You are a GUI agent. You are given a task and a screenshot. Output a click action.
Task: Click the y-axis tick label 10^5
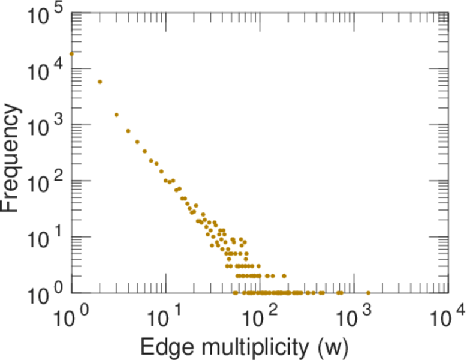pyautogui.click(x=45, y=16)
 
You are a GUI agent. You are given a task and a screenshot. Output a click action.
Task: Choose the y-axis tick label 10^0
pyautogui.click(x=45, y=295)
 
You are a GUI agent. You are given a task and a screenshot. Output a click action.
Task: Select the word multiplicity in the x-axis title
pyautogui.click(x=254, y=346)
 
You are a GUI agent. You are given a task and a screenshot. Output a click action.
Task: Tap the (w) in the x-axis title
pyautogui.click(x=333, y=346)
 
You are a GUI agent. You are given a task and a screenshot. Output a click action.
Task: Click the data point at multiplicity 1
pyautogui.click(x=71, y=53)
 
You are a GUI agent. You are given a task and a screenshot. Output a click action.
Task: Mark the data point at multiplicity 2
pyautogui.click(x=100, y=82)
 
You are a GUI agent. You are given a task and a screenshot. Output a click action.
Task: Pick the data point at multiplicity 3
pyautogui.click(x=116, y=115)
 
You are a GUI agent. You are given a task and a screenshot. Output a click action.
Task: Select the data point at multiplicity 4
pyautogui.click(x=128, y=131)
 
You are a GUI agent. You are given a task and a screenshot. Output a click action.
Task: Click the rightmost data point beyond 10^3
pyautogui.click(x=368, y=293)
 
